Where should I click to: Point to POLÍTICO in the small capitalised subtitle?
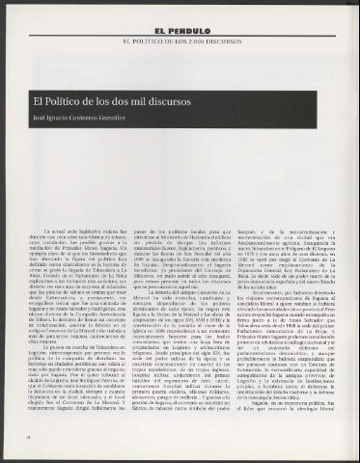152,43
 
